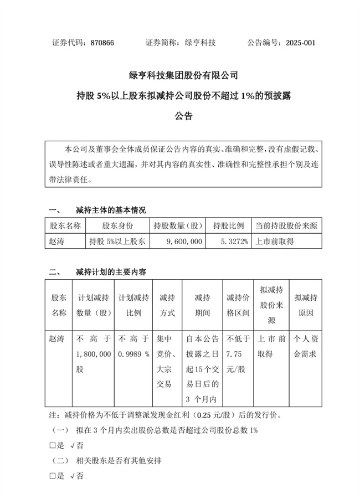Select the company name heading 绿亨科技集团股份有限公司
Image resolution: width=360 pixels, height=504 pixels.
(183, 75)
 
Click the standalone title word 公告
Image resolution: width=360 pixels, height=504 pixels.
(183, 116)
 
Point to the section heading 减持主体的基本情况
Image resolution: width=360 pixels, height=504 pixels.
(111, 210)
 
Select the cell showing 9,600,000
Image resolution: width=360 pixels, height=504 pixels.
(184, 241)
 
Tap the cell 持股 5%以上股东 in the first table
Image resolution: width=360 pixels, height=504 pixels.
(117, 241)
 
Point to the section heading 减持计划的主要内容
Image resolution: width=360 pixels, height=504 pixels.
(111, 272)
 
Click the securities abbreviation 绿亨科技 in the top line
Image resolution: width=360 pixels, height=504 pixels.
(200, 43)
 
